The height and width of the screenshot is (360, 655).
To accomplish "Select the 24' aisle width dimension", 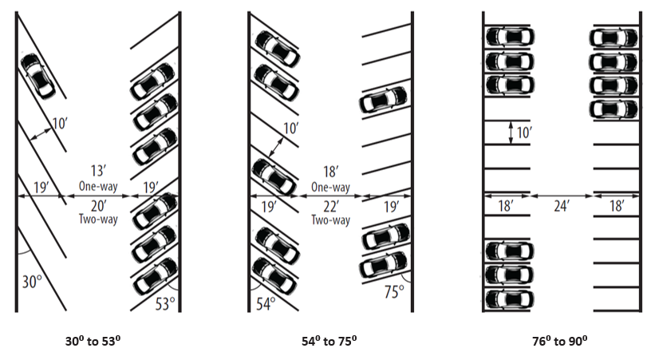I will (x=562, y=205).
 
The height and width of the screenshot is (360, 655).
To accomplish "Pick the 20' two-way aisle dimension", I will (x=98, y=204).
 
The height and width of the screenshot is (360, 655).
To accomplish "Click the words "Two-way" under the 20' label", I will (x=98, y=218).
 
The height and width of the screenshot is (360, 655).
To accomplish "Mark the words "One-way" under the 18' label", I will (x=330, y=187).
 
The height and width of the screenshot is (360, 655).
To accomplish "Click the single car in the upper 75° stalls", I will (x=384, y=101).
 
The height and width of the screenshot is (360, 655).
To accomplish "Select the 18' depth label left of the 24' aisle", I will (x=506, y=205).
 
